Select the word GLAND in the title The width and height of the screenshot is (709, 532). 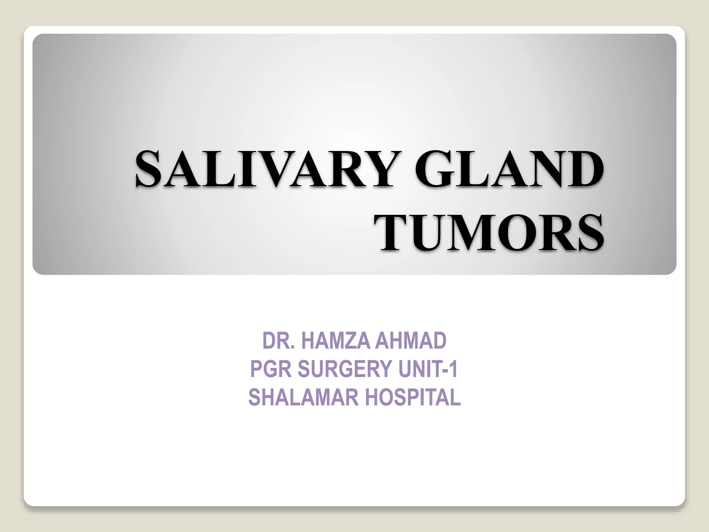509,170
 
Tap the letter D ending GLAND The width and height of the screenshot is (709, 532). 585,170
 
